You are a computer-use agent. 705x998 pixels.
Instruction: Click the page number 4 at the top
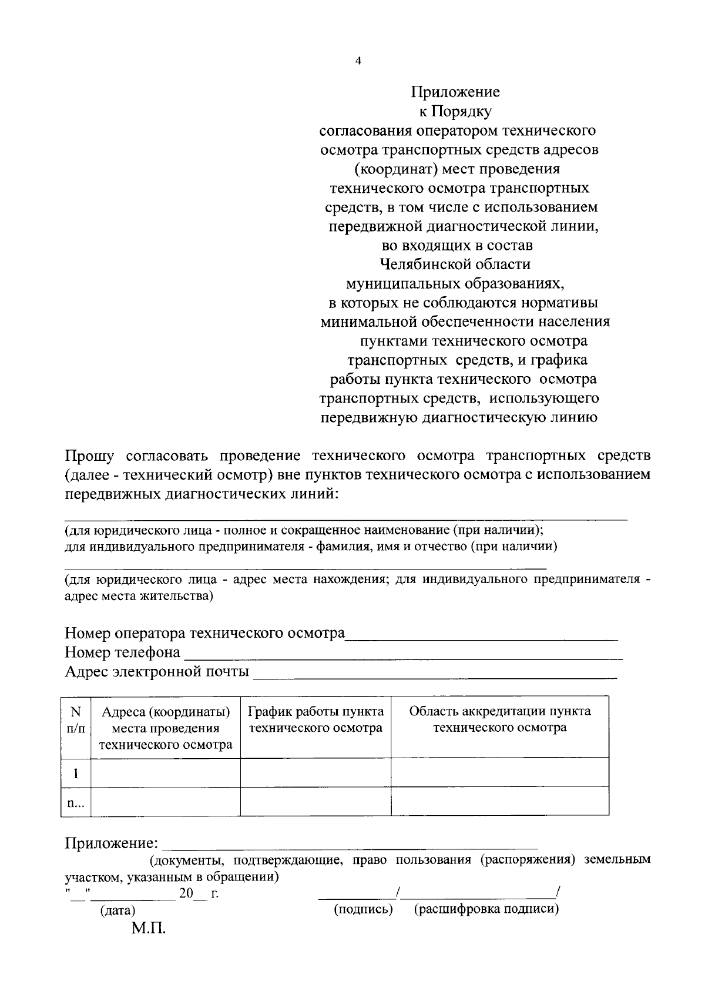358,60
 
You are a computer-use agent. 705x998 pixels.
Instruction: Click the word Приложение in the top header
455,92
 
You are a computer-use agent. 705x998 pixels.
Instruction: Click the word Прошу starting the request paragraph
89,456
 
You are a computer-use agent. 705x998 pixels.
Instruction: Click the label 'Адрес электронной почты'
156,672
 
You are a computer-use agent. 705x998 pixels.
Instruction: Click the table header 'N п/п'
76,720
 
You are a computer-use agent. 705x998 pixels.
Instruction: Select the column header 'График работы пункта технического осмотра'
316,720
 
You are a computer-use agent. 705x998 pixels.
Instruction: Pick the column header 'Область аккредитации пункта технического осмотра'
500,720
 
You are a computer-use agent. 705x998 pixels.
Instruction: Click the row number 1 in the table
76,773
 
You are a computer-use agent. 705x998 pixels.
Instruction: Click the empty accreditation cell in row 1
500,773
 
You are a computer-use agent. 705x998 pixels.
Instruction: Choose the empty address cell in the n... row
166,802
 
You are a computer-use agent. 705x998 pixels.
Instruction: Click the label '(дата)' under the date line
117,910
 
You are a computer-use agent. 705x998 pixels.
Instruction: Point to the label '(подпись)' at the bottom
363,910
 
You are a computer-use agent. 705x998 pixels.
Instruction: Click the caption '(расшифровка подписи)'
486,910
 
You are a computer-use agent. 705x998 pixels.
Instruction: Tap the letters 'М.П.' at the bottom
149,930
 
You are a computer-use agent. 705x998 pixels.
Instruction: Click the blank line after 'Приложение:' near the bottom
350,847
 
